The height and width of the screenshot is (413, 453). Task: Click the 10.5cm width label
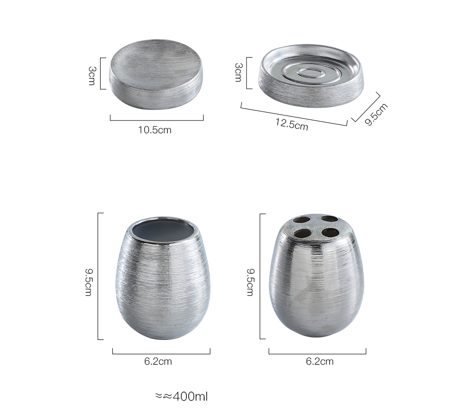[155, 130]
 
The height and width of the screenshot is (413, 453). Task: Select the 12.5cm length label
[291, 124]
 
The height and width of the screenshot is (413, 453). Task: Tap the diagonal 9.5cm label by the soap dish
[376, 114]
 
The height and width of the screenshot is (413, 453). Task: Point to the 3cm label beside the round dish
[92, 76]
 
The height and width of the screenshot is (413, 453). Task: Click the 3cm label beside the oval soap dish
[238, 73]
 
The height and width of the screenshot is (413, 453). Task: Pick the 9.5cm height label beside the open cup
[88, 282]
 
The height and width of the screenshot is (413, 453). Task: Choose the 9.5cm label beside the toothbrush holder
[250, 282]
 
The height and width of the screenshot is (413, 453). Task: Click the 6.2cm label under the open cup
[158, 362]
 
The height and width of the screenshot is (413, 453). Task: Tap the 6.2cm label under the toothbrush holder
[320, 362]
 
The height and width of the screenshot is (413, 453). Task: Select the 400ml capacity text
[181, 397]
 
